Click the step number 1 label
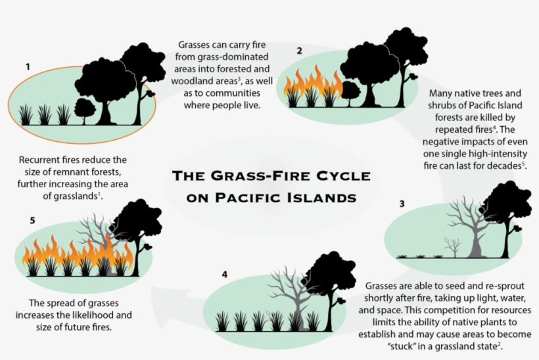click(28, 66)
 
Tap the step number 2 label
click(299, 51)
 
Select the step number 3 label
click(402, 204)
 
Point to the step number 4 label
click(224, 274)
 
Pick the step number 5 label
click(32, 220)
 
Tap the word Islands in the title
click(325, 197)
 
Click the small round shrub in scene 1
click(85, 108)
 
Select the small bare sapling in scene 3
click(452, 246)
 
